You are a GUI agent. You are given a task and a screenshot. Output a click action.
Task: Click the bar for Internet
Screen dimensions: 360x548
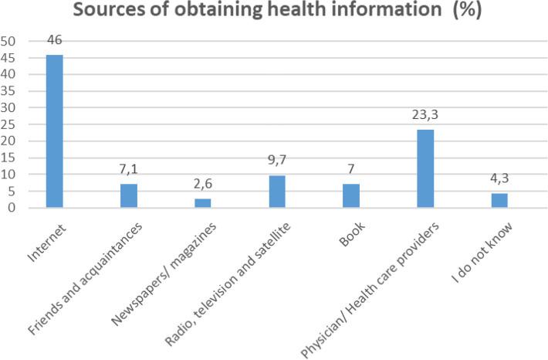point(54,131)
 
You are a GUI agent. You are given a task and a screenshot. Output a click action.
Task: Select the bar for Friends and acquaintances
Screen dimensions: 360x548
point(128,195)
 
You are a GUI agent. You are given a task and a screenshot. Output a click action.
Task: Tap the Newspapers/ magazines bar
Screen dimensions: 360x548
point(202,203)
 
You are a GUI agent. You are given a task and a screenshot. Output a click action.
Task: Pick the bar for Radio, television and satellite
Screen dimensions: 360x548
point(277,192)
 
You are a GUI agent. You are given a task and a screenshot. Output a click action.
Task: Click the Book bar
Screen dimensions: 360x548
point(351,195)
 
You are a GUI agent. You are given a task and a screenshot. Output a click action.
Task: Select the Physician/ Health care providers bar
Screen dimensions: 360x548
point(425,168)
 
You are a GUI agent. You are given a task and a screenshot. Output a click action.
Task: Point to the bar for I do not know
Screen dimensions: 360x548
point(499,200)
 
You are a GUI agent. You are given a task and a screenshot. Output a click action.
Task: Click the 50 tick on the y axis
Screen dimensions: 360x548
point(8,41)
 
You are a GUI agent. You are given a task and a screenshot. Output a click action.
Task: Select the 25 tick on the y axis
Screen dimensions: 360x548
point(8,124)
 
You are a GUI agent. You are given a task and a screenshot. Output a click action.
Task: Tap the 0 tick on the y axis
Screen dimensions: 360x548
point(12,208)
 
